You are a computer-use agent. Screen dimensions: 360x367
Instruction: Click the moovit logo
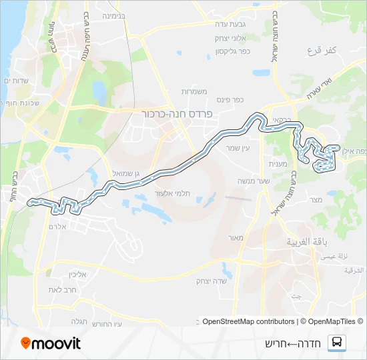(51, 343)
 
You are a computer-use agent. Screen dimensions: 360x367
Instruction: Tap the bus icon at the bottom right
(338, 343)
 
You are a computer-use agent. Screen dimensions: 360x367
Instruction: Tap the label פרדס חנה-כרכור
(177, 114)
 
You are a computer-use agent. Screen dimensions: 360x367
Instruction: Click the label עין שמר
(238, 147)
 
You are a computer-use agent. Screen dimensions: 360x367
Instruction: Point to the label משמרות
(196, 91)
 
